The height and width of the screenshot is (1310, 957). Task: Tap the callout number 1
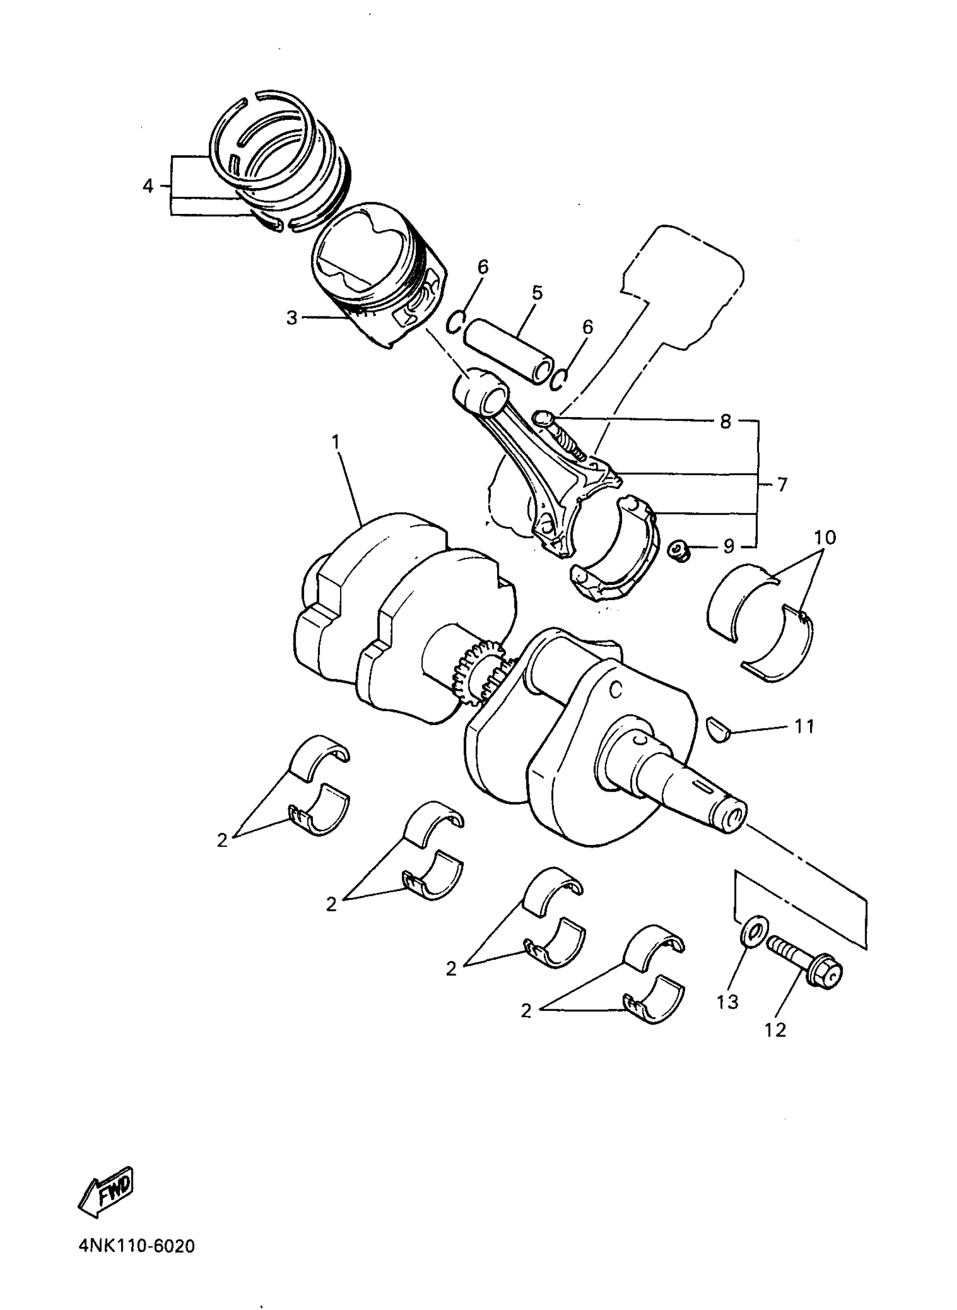(336, 442)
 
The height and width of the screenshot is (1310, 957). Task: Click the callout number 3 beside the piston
(292, 318)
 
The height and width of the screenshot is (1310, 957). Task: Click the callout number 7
(782, 484)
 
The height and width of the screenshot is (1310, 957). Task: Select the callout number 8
(725, 421)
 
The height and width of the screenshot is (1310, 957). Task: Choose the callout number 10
(825, 538)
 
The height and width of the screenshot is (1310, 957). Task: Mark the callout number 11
(804, 726)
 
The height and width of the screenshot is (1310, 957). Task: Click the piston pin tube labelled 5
(510, 351)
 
